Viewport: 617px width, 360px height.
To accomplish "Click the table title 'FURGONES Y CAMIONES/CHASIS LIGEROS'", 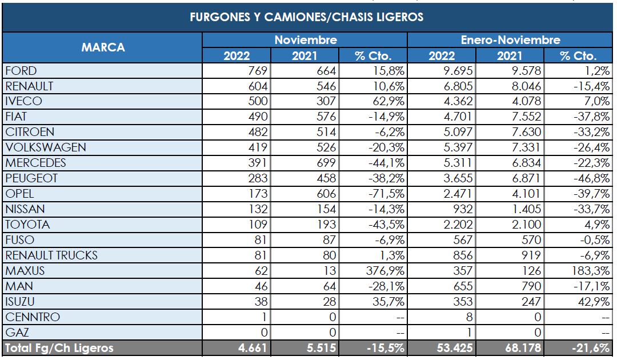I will [x=307, y=17].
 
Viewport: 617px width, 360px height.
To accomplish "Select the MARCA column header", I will [x=103, y=47].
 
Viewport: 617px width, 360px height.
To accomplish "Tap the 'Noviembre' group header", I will [x=305, y=40].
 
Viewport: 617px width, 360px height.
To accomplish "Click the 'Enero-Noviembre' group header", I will [x=510, y=40].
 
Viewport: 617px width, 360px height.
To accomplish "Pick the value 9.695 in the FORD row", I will [x=443, y=71].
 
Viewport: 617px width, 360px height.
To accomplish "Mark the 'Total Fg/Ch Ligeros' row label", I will [x=59, y=348].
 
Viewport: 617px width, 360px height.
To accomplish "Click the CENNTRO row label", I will [x=32, y=317].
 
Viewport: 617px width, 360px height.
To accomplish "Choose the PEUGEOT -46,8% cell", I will [x=579, y=178].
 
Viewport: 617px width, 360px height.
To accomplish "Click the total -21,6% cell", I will [x=578, y=348].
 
